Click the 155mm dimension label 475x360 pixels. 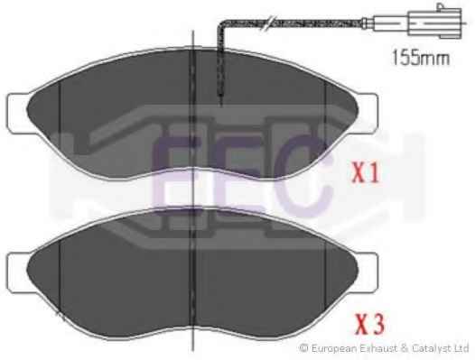pyautogui.click(x=421, y=58)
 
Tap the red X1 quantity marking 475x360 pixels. pyautogui.click(x=367, y=172)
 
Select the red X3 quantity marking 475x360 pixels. pyautogui.click(x=370, y=324)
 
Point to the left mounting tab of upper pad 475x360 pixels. pyautogui.click(x=16, y=114)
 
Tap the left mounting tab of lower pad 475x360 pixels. pyautogui.click(x=16, y=272)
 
